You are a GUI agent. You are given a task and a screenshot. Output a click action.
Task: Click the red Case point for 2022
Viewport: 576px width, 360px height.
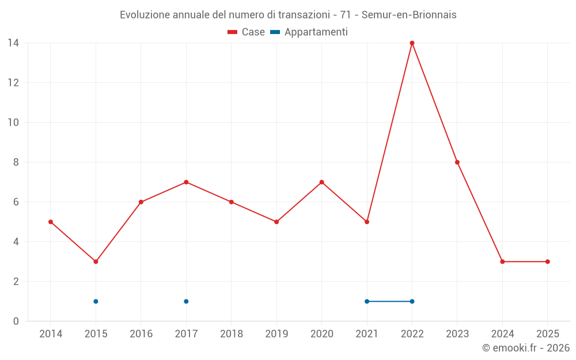(412, 43)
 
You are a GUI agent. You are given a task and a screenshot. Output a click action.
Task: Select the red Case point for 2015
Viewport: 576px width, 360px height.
(96, 262)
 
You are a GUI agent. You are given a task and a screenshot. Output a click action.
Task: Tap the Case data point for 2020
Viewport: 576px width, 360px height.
(321, 182)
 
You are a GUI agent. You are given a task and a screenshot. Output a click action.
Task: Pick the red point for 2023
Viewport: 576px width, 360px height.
(457, 162)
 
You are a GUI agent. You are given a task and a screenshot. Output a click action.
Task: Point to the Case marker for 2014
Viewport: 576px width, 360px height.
(51, 222)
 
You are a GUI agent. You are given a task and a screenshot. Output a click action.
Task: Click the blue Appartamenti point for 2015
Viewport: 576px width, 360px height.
(96, 301)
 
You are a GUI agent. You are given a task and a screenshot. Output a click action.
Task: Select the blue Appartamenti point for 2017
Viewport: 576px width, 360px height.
(186, 301)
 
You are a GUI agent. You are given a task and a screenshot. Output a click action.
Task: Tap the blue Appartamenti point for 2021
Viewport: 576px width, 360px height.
(367, 301)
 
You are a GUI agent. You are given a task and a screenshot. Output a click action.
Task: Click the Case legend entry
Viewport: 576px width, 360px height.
(247, 32)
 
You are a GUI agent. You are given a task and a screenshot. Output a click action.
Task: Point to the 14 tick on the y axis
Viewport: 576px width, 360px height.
(13, 43)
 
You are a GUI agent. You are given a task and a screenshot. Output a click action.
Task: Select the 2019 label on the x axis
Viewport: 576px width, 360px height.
(276, 334)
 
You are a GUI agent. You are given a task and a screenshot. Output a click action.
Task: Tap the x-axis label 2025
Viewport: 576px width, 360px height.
(548, 334)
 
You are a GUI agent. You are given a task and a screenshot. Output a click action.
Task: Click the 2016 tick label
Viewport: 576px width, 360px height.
(141, 334)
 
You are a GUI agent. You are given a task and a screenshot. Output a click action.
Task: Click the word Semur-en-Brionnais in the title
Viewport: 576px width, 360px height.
(409, 15)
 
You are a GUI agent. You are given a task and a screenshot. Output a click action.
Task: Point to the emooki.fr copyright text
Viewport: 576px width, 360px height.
(526, 348)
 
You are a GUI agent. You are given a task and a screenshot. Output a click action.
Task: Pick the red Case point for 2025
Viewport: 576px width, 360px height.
(548, 262)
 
